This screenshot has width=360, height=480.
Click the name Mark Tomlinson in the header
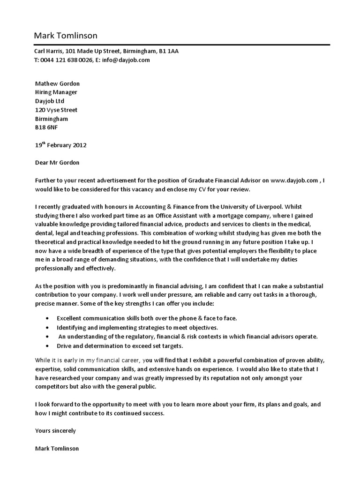click(66, 36)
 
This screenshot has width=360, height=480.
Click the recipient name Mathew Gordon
click(57, 84)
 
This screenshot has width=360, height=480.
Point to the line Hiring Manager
click(56, 92)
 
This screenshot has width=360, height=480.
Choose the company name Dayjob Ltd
click(50, 101)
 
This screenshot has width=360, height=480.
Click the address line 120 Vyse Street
click(56, 110)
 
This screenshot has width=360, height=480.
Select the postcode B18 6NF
click(47, 127)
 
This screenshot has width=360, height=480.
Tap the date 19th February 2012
click(60, 145)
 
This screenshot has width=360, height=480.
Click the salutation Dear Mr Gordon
click(57, 163)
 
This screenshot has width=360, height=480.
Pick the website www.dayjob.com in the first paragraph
click(294, 180)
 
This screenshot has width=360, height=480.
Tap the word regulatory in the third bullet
click(129, 337)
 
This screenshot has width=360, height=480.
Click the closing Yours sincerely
click(55, 430)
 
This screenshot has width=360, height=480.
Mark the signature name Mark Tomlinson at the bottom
click(57, 448)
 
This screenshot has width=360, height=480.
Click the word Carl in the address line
click(41, 51)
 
